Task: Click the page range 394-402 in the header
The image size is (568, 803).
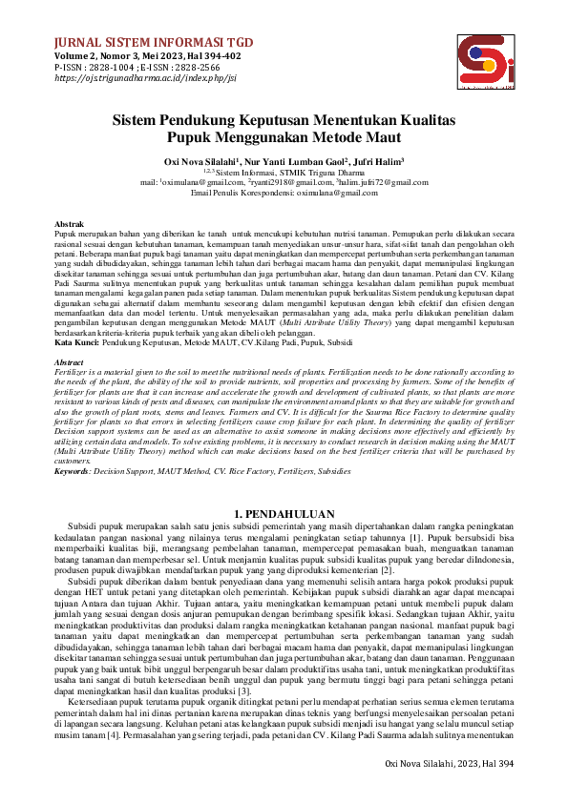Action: (x=221, y=55)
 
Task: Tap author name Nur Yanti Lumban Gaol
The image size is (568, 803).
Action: (x=299, y=162)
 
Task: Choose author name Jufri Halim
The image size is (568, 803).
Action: (x=380, y=162)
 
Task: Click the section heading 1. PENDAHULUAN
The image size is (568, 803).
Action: (x=284, y=515)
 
